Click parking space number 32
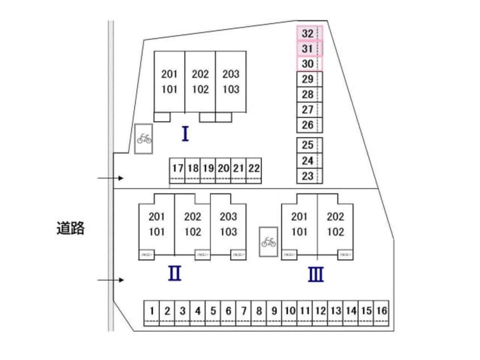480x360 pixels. [308, 33]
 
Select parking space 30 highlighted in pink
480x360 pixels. [308, 64]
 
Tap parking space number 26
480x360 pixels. [308, 125]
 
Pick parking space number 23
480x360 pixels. [308, 176]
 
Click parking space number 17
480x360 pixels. [178, 169]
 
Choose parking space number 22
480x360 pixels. [254, 169]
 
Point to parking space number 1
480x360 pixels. [152, 311]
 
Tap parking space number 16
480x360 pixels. [382, 311]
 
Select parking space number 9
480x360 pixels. [274, 311]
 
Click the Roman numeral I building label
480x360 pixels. [185, 134]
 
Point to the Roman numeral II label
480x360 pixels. [175, 274]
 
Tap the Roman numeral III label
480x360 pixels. [316, 275]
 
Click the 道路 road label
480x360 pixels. [70, 229]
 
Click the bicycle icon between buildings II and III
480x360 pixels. [268, 242]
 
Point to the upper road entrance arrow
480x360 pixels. [111, 178]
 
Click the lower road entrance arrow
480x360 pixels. [111, 280]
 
